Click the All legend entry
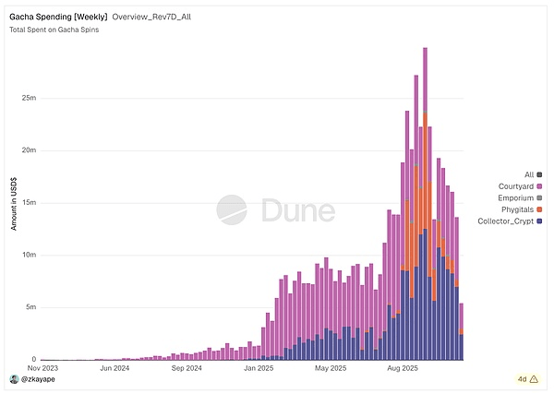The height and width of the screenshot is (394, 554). [x=530, y=174]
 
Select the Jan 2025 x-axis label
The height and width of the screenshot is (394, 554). [x=261, y=367]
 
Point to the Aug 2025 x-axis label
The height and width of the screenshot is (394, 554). [x=403, y=367]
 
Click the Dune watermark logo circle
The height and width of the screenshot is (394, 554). [x=231, y=209]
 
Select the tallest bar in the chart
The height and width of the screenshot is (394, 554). [x=425, y=203]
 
